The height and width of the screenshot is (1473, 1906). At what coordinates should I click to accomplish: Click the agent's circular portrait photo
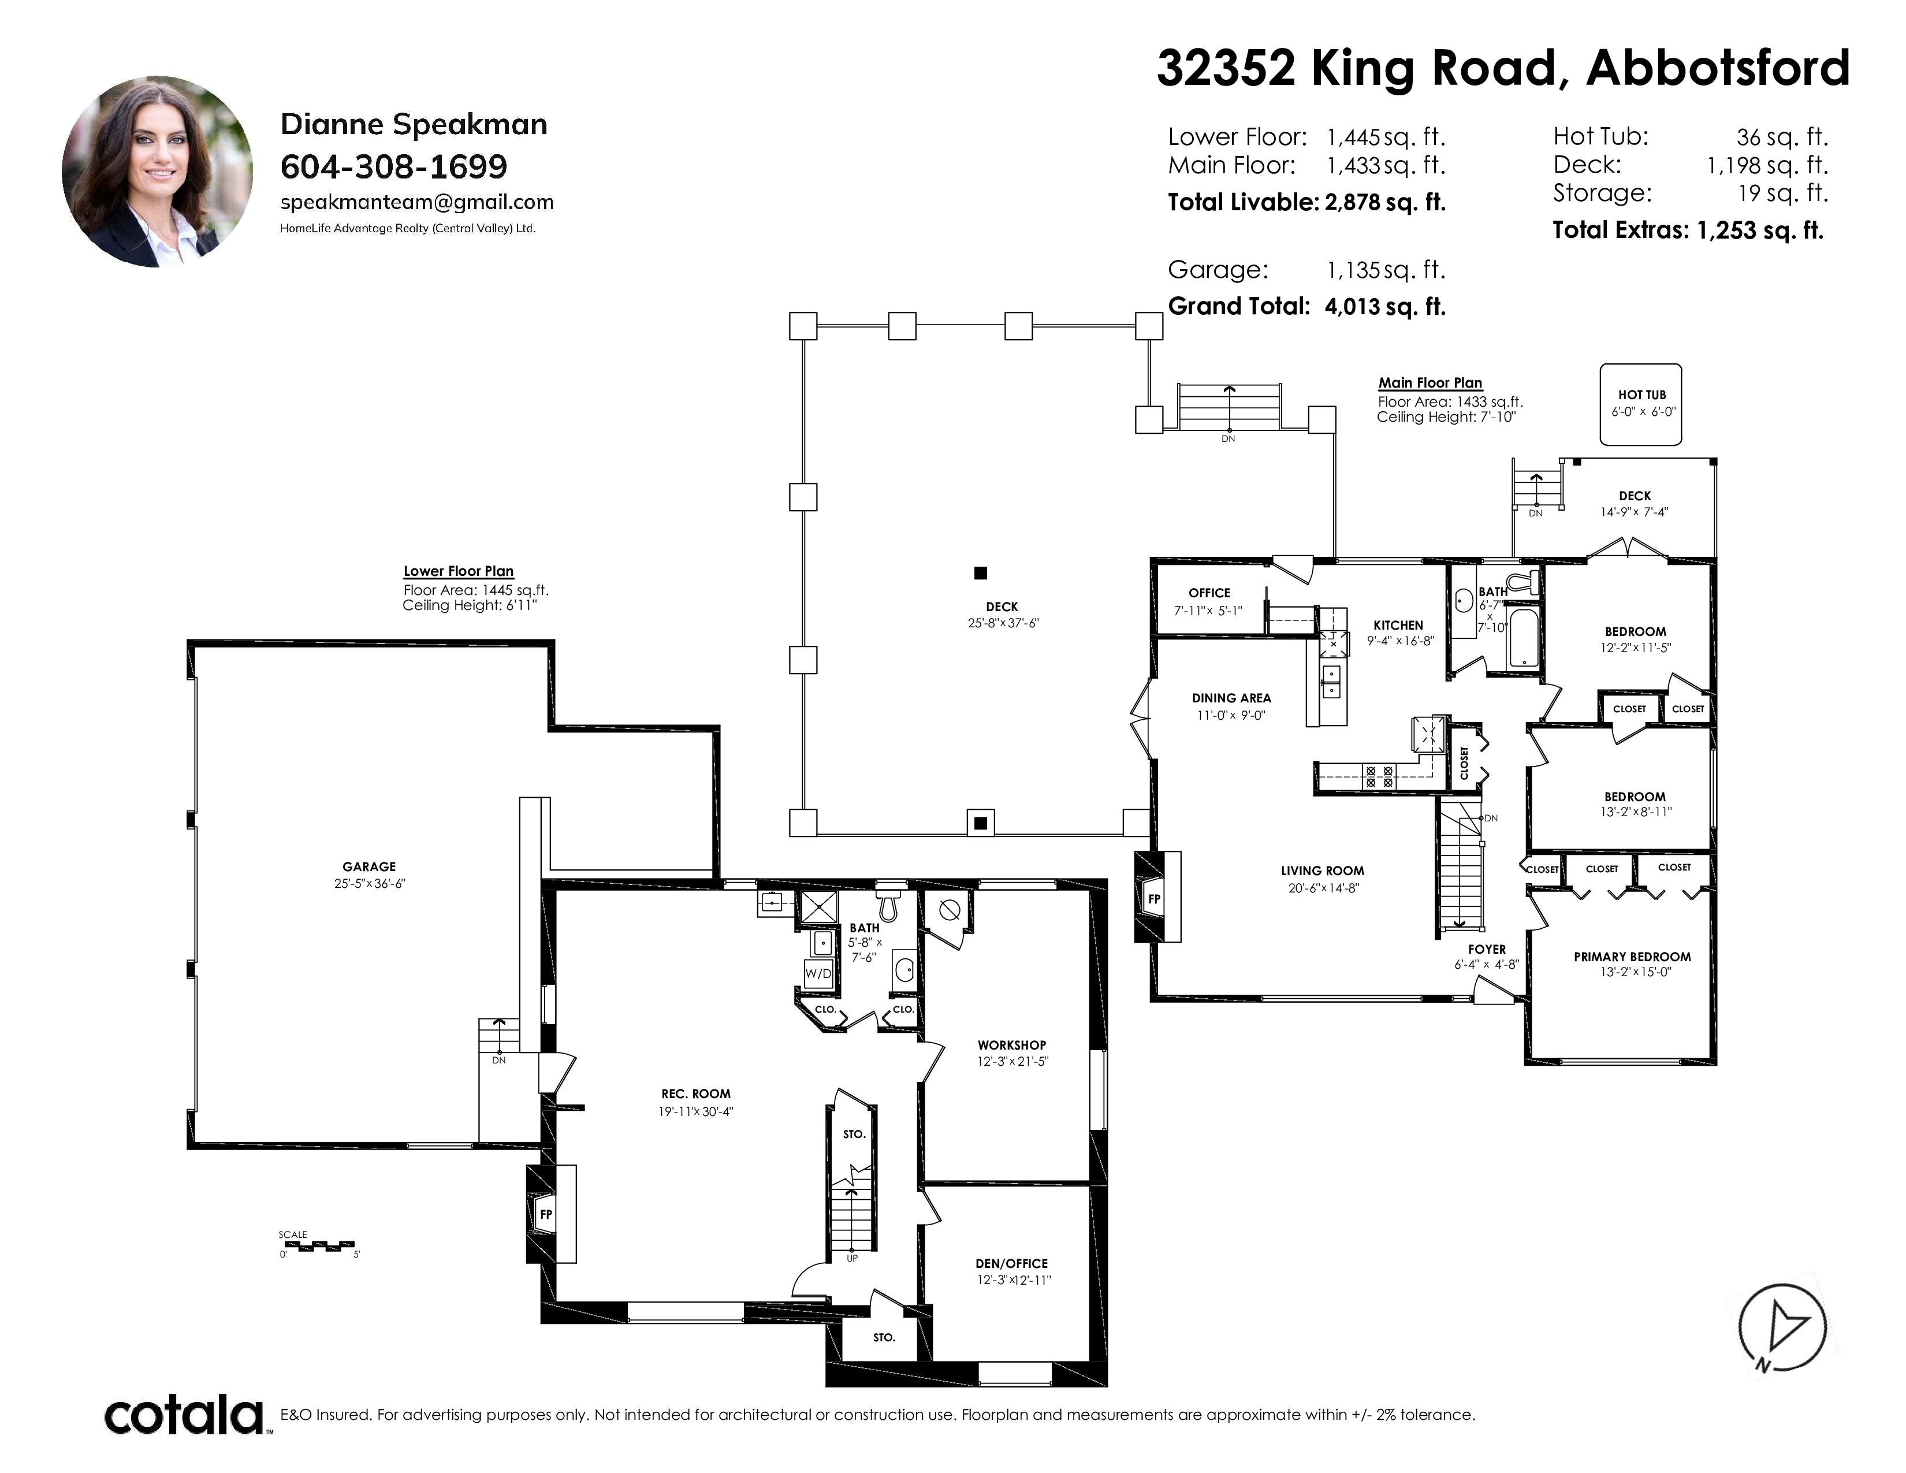point(157,172)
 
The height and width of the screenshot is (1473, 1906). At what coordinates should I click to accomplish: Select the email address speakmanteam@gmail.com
point(416,202)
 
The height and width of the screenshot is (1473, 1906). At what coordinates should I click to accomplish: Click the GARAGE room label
point(368,866)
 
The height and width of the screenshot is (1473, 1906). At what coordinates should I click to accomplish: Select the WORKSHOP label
point(1011,1044)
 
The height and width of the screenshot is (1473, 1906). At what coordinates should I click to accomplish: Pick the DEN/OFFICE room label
point(1011,1263)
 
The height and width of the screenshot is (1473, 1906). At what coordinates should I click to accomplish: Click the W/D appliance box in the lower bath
point(818,973)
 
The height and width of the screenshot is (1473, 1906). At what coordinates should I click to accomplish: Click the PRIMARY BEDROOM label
point(1632,957)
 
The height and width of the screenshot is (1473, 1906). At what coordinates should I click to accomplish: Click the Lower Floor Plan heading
point(458,571)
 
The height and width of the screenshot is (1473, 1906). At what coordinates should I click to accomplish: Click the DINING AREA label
point(1231,697)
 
